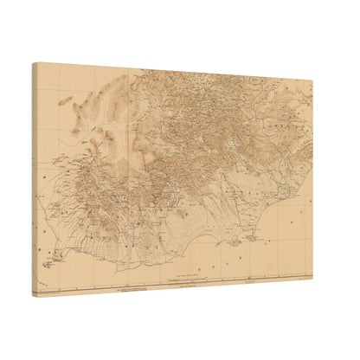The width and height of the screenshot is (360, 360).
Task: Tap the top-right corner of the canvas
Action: tap(313, 80)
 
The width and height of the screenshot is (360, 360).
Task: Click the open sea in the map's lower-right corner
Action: tap(290, 255)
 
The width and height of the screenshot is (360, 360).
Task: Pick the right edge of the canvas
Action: tap(312, 182)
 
